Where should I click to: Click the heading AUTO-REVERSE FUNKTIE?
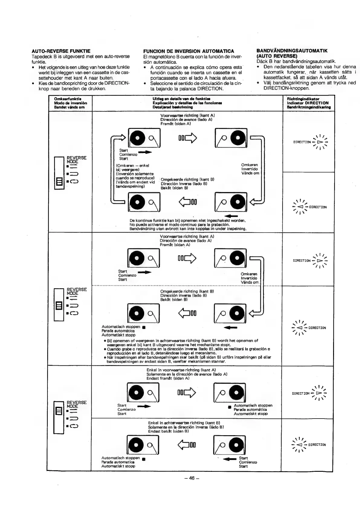click(x=61, y=51)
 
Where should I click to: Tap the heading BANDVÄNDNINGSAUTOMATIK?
click(x=292, y=51)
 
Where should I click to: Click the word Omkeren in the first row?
click(x=249, y=165)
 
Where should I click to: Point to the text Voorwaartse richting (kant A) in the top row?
click(x=187, y=116)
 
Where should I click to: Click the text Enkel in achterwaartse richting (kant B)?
click(x=184, y=423)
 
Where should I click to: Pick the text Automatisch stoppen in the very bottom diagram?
click(x=120, y=458)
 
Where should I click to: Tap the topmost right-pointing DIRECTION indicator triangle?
click(x=317, y=142)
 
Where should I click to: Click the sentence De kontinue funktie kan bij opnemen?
click(x=187, y=220)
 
